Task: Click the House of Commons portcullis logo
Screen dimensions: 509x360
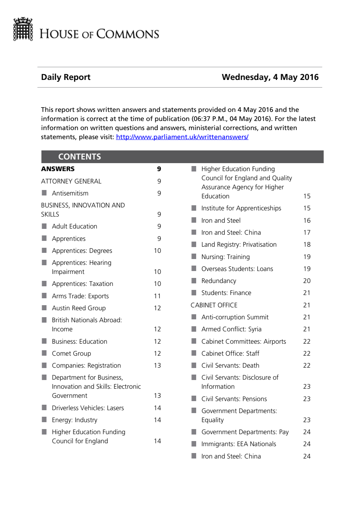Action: tap(23, 29)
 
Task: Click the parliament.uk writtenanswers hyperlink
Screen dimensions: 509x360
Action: tap(182, 137)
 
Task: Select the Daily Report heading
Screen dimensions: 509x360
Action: tap(66, 77)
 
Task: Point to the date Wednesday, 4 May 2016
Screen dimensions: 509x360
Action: tap(270, 77)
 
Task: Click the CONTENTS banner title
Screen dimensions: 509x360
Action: tap(80, 157)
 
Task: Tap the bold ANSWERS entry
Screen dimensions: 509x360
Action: tap(58, 169)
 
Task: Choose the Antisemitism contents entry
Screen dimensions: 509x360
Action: tap(70, 193)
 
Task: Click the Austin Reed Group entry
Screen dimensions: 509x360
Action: tap(79, 308)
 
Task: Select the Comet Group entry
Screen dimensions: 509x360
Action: tap(72, 354)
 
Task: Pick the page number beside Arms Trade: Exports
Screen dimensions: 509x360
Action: tap(157, 296)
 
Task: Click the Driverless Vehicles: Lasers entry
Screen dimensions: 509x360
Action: tap(88, 408)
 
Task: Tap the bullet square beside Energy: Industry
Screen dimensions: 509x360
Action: tap(44, 420)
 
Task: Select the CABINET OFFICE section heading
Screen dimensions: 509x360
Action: tap(214, 305)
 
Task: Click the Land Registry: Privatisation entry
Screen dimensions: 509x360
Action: tap(239, 245)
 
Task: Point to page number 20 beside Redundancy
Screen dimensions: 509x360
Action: tap(307, 281)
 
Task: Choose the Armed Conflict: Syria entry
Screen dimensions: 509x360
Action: tap(231, 329)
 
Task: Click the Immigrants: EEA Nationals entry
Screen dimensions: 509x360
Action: tap(239, 444)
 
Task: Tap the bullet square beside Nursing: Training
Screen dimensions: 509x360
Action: tap(194, 256)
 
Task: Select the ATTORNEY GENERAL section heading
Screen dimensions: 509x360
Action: tap(71, 181)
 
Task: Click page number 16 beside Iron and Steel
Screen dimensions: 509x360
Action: tap(307, 221)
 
